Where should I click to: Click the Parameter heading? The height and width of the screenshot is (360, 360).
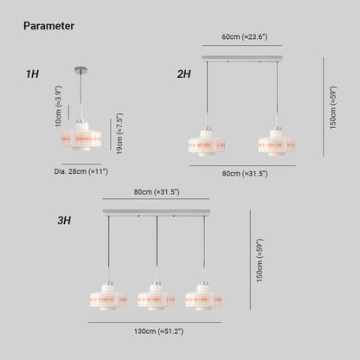pyautogui.click(x=48, y=26)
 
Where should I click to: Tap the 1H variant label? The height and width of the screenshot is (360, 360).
pyautogui.click(x=32, y=74)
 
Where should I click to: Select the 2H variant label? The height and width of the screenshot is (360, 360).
pyautogui.click(x=184, y=74)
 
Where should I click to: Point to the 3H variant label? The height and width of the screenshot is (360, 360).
pyautogui.click(x=64, y=221)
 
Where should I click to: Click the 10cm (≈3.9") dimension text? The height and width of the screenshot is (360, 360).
pyautogui.click(x=59, y=106)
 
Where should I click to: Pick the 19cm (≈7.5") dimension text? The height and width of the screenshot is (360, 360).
pyautogui.click(x=119, y=133)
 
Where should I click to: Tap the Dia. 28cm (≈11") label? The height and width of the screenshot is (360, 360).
pyautogui.click(x=81, y=171)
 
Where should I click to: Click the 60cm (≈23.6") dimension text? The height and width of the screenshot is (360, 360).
pyautogui.click(x=245, y=37)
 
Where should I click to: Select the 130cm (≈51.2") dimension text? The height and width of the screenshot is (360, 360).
pyautogui.click(x=158, y=331)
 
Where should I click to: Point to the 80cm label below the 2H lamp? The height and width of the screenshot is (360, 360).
pyautogui.click(x=245, y=174)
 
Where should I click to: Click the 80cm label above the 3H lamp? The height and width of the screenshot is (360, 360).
pyautogui.click(x=157, y=192)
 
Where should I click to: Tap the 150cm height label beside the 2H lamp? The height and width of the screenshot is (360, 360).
pyautogui.click(x=333, y=107)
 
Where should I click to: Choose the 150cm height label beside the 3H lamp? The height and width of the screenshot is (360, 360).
pyautogui.click(x=260, y=260)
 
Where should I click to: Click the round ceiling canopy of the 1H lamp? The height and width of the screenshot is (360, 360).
pyautogui.click(x=81, y=69)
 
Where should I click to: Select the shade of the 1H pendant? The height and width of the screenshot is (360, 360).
pyautogui.click(x=81, y=136)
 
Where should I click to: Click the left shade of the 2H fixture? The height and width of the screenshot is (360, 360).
pyautogui.click(x=207, y=143)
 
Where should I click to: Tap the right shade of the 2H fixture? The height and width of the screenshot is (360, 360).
pyautogui.click(x=277, y=143)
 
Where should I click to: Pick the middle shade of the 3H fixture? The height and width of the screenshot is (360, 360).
pyautogui.click(x=157, y=297)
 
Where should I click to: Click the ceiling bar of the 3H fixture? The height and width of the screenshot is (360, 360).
pyautogui.click(x=157, y=212)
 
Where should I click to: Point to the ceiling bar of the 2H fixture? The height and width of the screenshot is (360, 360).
pyautogui.click(x=242, y=58)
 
